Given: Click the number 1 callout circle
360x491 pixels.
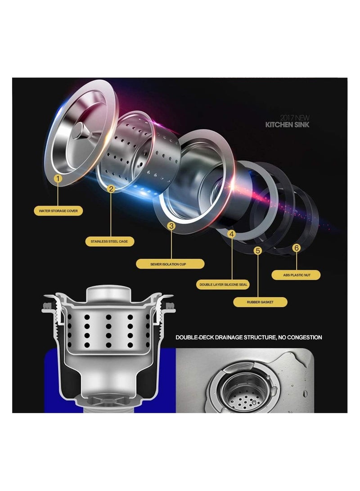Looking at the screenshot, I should (x=58, y=179).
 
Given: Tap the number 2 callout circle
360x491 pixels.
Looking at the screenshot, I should (x=112, y=189).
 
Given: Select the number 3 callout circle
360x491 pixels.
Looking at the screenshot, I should (x=171, y=226).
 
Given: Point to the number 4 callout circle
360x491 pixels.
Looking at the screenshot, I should (x=232, y=234).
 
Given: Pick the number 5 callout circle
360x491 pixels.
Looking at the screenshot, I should (x=257, y=251).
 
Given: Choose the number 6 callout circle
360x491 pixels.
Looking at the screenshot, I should (x=296, y=248).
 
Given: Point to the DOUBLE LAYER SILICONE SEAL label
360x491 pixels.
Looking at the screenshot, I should (x=224, y=285).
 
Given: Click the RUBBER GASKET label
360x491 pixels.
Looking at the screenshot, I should (x=261, y=302).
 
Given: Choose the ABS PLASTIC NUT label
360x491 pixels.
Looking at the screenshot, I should (x=296, y=275).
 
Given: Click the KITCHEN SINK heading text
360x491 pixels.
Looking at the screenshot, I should (x=288, y=125).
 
